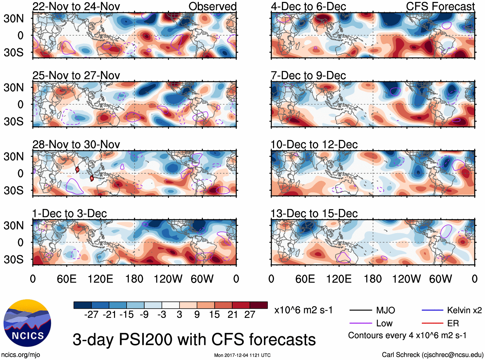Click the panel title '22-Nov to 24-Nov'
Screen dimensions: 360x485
point(76,6)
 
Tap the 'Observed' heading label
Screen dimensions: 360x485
point(212,6)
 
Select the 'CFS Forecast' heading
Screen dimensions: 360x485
point(440,6)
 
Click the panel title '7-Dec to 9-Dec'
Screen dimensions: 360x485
point(308,75)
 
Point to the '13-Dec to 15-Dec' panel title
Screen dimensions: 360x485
point(314,214)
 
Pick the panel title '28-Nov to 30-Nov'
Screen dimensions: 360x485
point(76,145)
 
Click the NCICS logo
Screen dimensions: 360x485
point(27,323)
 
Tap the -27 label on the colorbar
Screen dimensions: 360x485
point(91,315)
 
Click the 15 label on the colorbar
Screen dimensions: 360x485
point(214,315)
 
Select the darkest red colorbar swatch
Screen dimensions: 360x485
point(259,305)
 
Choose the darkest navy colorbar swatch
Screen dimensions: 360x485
point(83,305)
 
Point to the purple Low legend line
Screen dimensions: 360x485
point(360,323)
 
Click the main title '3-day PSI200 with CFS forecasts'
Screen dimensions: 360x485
point(194,339)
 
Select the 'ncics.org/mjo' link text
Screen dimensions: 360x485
point(21,355)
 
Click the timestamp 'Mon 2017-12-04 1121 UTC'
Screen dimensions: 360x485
point(242,355)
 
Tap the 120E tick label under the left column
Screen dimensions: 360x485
point(100,279)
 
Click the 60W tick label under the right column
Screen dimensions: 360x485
point(440,279)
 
